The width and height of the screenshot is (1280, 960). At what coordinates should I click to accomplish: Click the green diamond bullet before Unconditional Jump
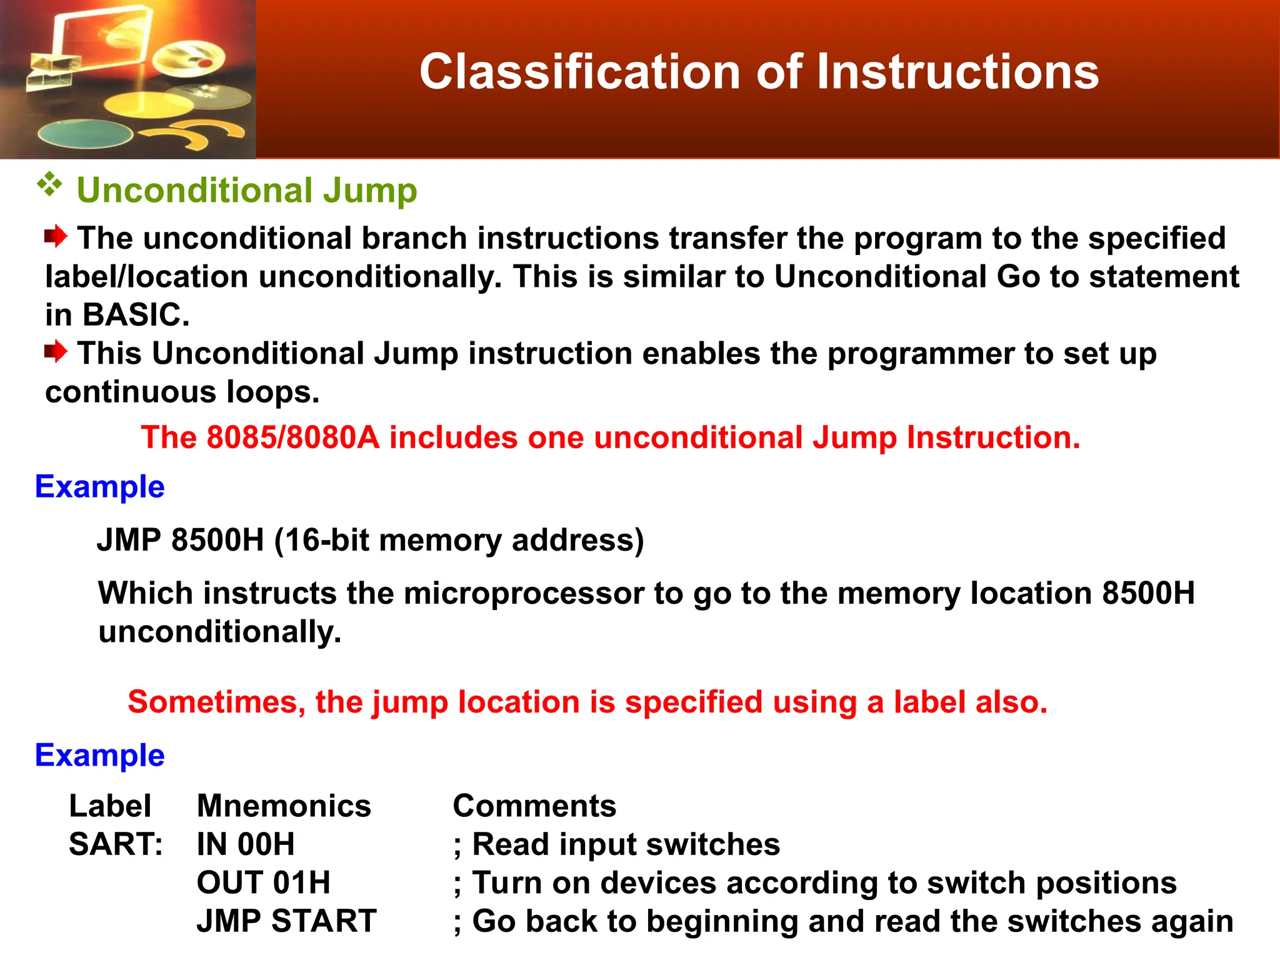click(x=49, y=185)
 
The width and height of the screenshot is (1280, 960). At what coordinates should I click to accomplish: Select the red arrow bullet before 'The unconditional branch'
click(x=56, y=236)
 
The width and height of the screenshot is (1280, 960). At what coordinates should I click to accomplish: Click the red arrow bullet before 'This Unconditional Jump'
click(x=56, y=351)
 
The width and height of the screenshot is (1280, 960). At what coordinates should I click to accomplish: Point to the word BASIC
click(x=135, y=315)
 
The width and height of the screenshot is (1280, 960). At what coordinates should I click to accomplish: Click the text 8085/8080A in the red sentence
click(x=292, y=437)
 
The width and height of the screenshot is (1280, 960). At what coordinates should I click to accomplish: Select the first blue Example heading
click(x=99, y=487)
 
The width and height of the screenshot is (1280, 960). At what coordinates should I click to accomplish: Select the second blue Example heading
click(x=99, y=756)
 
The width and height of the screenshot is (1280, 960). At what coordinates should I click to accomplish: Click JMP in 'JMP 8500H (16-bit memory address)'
click(x=129, y=540)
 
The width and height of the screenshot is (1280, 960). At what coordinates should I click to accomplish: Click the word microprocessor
click(x=524, y=593)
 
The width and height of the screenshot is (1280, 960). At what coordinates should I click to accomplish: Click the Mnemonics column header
click(x=284, y=806)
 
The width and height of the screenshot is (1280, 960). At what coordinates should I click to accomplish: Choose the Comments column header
click(x=534, y=806)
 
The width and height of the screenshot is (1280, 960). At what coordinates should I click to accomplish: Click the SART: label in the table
click(x=116, y=844)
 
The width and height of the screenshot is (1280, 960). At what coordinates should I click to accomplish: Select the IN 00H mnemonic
click(x=245, y=844)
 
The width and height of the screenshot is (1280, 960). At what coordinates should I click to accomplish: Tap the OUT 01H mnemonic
click(x=263, y=883)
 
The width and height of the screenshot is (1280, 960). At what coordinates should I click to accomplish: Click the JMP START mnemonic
click(x=286, y=921)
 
